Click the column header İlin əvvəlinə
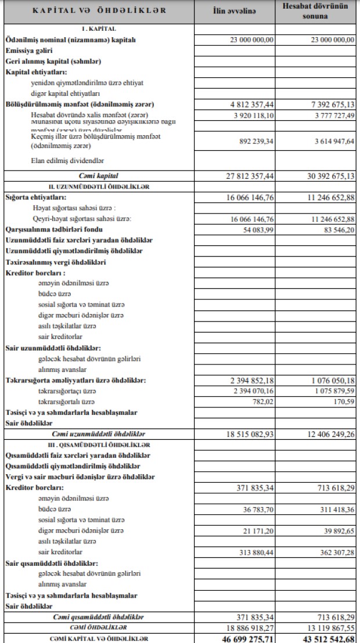234,12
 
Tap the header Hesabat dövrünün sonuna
315,11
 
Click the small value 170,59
343,401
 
